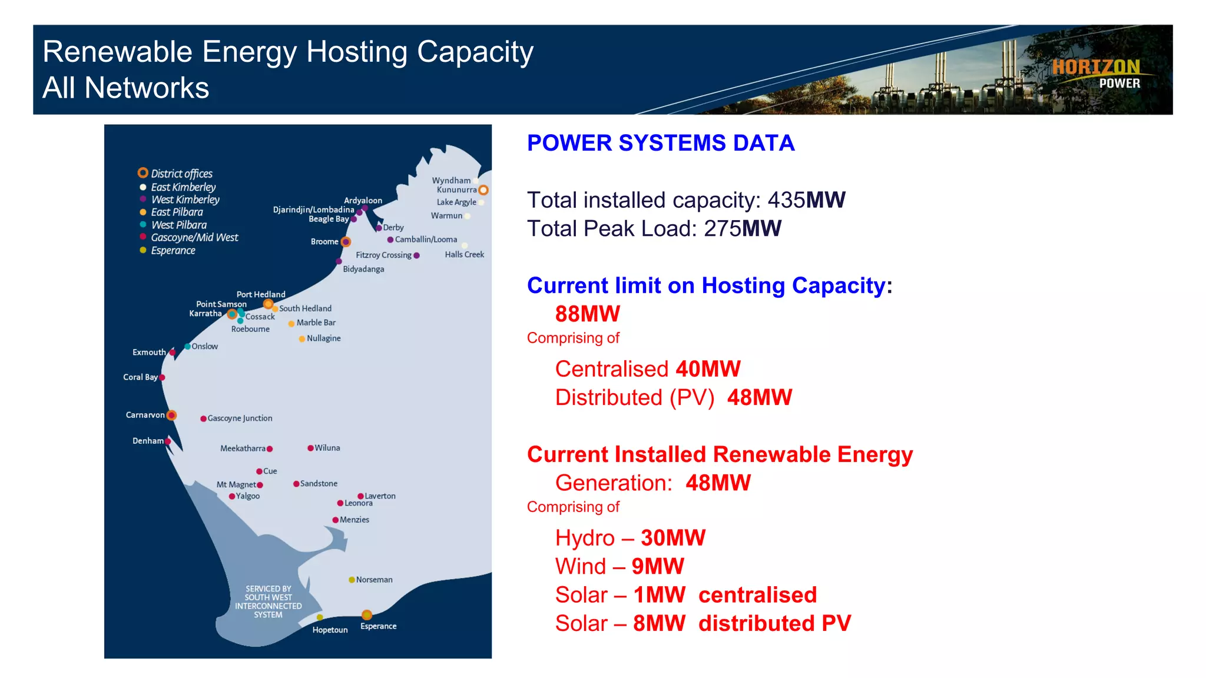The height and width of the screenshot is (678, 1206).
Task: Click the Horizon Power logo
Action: pyautogui.click(x=1096, y=74)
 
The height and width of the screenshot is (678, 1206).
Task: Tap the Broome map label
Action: pyautogui.click(x=324, y=242)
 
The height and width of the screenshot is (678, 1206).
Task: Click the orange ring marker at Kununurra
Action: pyautogui.click(x=483, y=190)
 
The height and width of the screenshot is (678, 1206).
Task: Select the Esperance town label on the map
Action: pyautogui.click(x=378, y=626)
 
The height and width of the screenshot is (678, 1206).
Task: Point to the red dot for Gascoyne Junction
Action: pyautogui.click(x=203, y=419)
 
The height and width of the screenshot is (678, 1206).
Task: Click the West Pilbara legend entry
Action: pyautogui.click(x=178, y=225)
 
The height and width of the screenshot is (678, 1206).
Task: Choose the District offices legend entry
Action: pyautogui.click(x=181, y=174)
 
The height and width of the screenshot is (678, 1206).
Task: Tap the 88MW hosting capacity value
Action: pyautogui.click(x=587, y=314)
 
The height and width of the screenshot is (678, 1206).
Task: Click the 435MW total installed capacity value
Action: pyautogui.click(x=806, y=200)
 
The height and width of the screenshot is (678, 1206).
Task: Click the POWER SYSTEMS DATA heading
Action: pyautogui.click(x=660, y=143)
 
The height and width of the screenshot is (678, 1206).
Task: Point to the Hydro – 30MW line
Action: pyautogui.click(x=629, y=538)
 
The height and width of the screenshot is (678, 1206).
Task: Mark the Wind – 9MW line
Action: pyautogui.click(x=619, y=566)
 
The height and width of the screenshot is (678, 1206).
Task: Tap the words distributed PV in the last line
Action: pyautogui.click(x=774, y=623)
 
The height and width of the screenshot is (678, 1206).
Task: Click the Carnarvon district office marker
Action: pyautogui.click(x=171, y=416)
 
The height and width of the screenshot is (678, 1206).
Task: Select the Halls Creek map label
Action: pyautogui.click(x=464, y=255)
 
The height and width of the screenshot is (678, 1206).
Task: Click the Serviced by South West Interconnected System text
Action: pyautogui.click(x=268, y=601)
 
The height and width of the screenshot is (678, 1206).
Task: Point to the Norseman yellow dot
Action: pyautogui.click(x=352, y=580)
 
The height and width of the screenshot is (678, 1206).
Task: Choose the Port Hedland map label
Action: pyautogui.click(x=261, y=294)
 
